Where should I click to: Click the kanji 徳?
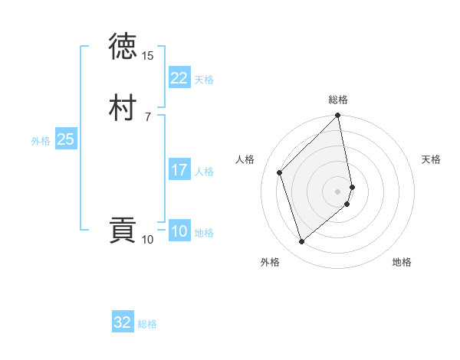123,47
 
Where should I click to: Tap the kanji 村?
123,108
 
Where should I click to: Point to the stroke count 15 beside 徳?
147,56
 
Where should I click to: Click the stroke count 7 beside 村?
147,116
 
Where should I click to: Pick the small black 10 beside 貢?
147,240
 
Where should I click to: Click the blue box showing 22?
179,78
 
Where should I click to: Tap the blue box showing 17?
179,170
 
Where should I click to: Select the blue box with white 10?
179,231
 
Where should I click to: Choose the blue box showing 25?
65,139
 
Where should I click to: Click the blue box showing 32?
122,322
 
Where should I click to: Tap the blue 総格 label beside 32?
147,324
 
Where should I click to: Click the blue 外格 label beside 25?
41,141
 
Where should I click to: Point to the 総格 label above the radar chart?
338,100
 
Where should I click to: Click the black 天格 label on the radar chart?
431,159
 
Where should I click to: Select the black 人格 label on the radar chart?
245,159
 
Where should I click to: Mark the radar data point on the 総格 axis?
338,116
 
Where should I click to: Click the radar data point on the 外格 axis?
301,241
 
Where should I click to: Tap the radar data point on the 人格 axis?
280,172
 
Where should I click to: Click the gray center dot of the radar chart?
338,191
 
